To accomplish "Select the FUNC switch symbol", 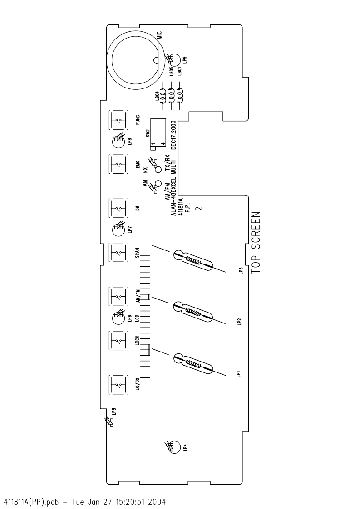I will (x=118, y=121).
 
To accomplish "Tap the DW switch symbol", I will (x=118, y=208).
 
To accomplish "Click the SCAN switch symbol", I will (x=118, y=252).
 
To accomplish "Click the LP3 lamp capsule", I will (x=193, y=260).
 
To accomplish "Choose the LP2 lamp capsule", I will (x=193, y=312).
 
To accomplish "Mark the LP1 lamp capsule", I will (x=193, y=363).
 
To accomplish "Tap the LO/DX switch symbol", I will (x=118, y=385).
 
